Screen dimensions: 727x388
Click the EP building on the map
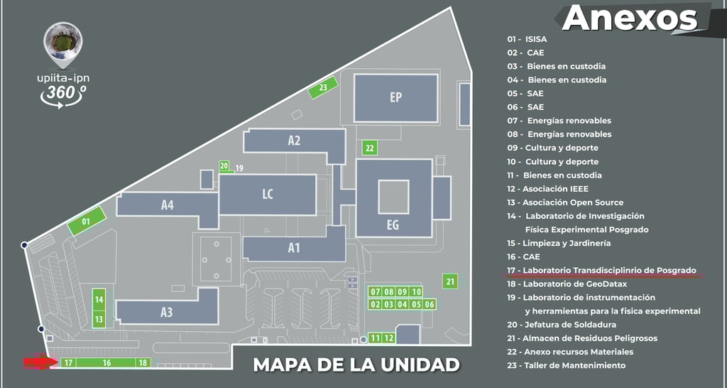click(x=395, y=98)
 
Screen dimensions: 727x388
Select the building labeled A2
click(x=294, y=141)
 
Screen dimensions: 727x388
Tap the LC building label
click(x=268, y=194)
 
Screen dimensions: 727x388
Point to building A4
click(x=168, y=205)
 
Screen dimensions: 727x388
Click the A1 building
click(x=294, y=248)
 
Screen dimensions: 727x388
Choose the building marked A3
click(x=167, y=312)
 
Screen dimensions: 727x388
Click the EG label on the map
click(x=393, y=225)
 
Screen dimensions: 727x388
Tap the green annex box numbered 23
click(x=323, y=88)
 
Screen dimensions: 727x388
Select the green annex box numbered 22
click(x=369, y=148)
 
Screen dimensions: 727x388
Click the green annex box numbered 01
click(x=86, y=222)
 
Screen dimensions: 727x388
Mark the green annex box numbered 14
click(x=99, y=299)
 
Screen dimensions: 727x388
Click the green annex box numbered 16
click(x=106, y=362)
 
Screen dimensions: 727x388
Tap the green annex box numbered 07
click(x=376, y=292)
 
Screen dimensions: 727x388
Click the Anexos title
click(x=630, y=18)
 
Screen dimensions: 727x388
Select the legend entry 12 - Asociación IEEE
click(x=547, y=189)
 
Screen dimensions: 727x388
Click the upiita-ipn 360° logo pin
click(x=61, y=43)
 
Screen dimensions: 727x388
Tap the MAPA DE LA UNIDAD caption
click(x=356, y=365)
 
